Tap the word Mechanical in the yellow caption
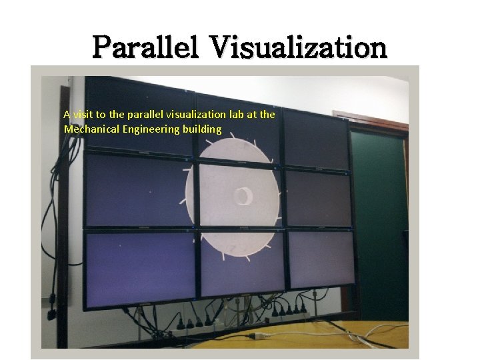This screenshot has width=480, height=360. click(91, 129)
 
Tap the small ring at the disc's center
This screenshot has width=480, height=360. click(241, 196)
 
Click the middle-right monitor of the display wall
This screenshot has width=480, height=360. click(317, 198)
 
